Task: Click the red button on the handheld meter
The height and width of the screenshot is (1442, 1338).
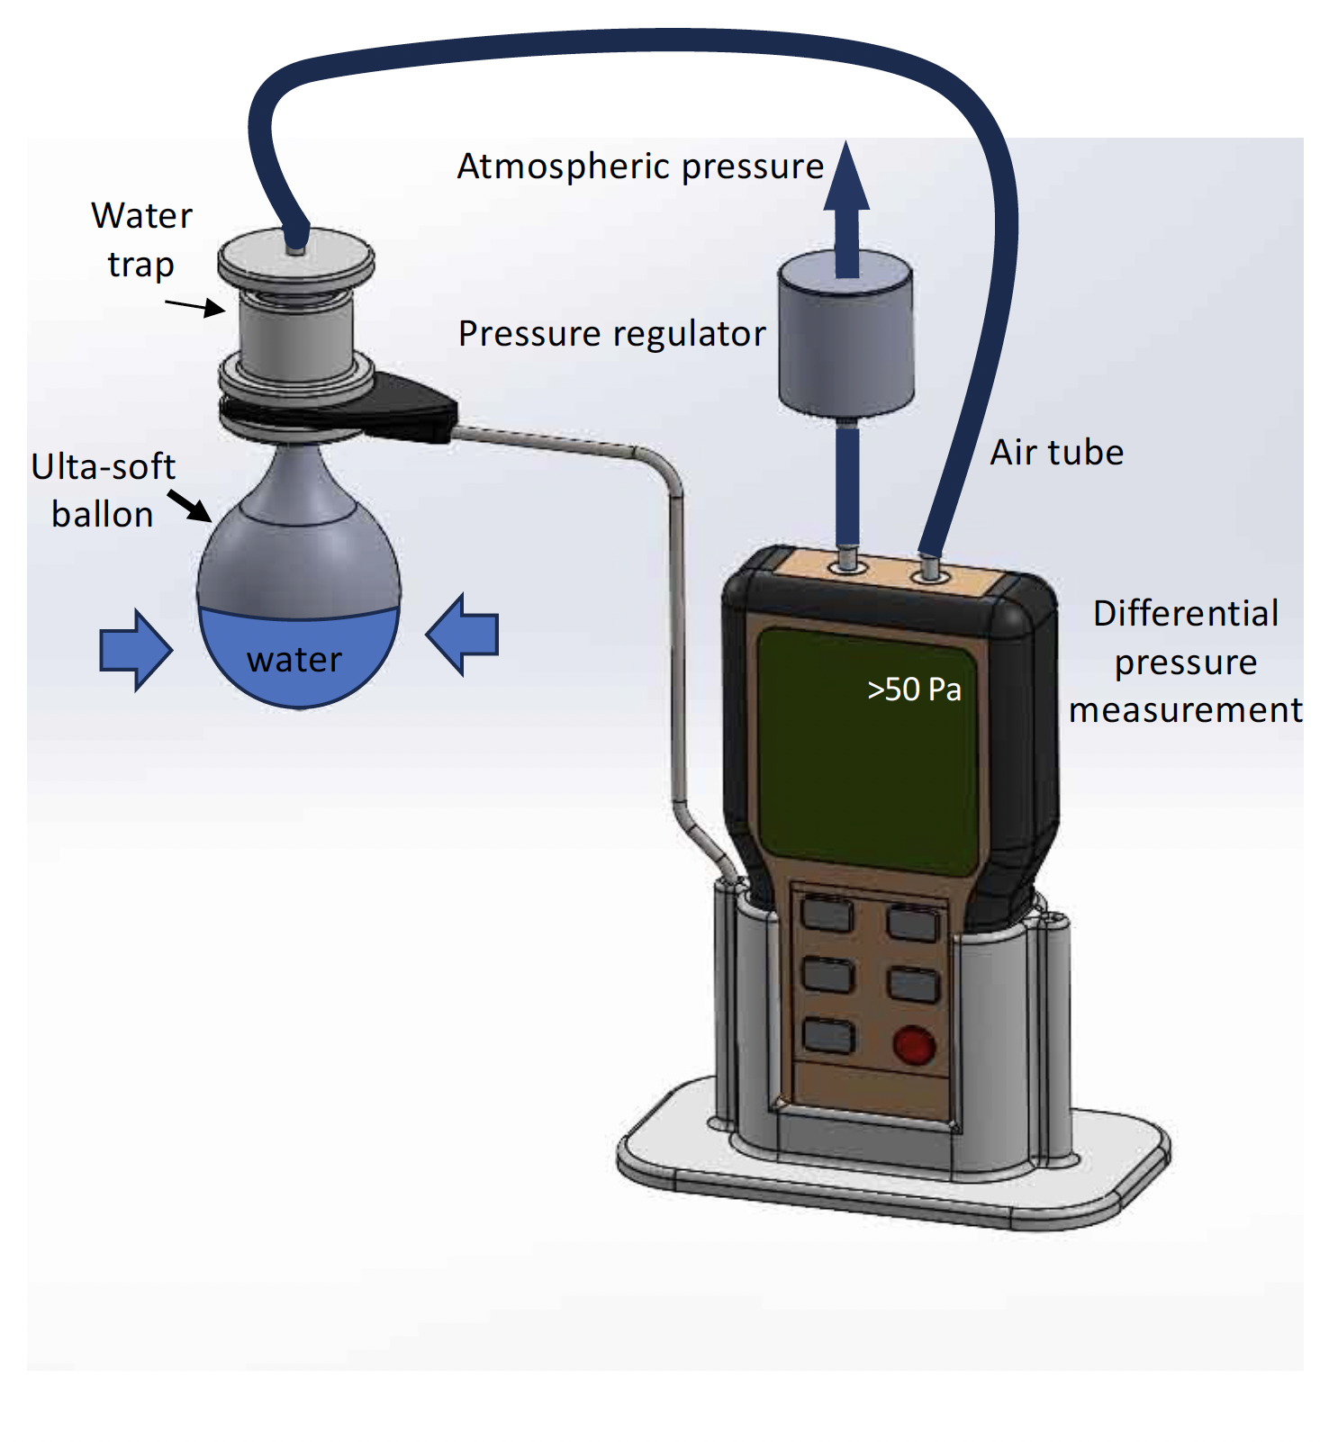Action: [x=913, y=1045]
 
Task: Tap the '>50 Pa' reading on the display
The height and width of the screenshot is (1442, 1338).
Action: [x=914, y=689]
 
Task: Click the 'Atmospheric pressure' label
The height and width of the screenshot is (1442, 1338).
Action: [x=640, y=167]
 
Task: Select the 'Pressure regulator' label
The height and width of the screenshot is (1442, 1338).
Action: [x=611, y=334]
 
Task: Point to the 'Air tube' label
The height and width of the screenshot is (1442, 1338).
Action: [x=1057, y=452]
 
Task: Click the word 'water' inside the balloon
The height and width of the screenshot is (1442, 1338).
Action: [x=294, y=660]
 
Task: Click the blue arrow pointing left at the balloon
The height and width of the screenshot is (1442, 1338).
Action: [x=462, y=635]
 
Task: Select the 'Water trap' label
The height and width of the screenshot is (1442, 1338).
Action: [x=141, y=240]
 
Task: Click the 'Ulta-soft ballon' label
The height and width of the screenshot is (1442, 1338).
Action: [x=104, y=491]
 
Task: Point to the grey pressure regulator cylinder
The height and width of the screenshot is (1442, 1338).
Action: [x=845, y=333]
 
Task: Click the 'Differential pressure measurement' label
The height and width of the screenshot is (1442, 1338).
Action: [x=1185, y=662]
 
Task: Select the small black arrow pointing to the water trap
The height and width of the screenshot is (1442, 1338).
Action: [x=194, y=308]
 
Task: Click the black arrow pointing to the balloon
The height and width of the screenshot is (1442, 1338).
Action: [x=189, y=506]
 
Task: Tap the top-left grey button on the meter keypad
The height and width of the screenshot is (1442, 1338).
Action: [x=827, y=915]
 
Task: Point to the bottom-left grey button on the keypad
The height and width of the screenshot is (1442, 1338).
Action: [x=827, y=1035]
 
